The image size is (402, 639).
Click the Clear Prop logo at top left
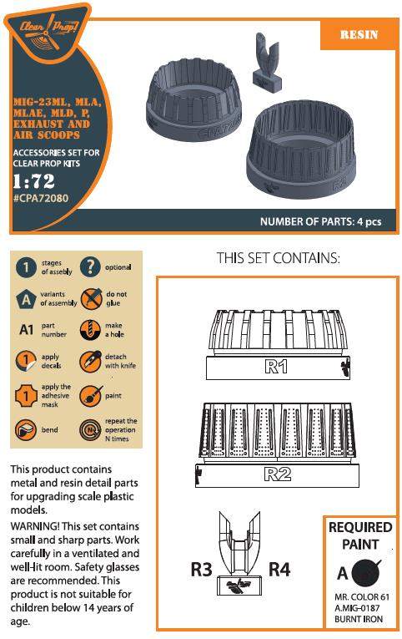pos(48,32)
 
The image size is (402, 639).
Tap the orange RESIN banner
pos(359,34)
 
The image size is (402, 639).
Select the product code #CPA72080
pos(41,199)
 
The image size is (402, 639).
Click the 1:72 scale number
pos(33,181)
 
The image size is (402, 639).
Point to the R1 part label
pos(276,367)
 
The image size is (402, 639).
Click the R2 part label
pos(278,474)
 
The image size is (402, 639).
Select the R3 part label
pos(201,569)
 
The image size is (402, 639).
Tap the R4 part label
pos(279,569)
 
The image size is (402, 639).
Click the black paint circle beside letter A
pos(366,572)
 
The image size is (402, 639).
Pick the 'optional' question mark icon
pos(90,267)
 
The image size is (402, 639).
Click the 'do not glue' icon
pos(90,298)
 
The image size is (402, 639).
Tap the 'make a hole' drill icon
pos(90,330)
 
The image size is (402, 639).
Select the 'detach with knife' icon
pos(90,361)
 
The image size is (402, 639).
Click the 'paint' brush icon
pos(90,396)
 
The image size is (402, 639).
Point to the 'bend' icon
pos(26,430)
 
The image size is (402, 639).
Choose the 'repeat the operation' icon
pos(90,430)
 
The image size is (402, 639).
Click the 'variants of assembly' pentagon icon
pos(26,299)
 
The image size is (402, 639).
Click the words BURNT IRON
pos(359,619)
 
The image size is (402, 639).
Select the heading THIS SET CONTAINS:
pos(278,258)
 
